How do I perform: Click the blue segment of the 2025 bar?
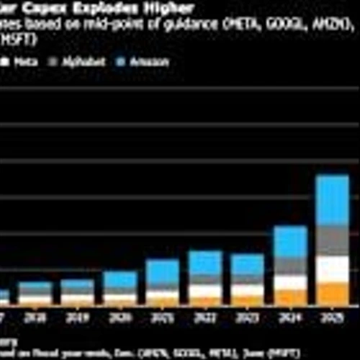(x=333, y=199)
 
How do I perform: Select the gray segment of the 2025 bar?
(x=333, y=240)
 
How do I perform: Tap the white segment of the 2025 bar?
(x=333, y=269)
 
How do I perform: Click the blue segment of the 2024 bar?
(x=290, y=242)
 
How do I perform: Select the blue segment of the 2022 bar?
(x=205, y=262)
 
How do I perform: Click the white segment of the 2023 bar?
(x=247, y=290)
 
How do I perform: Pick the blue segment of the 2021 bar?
(x=163, y=271)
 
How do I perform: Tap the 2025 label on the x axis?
(x=333, y=317)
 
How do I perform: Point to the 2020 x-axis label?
(x=120, y=317)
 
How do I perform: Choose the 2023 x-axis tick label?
(x=247, y=317)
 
